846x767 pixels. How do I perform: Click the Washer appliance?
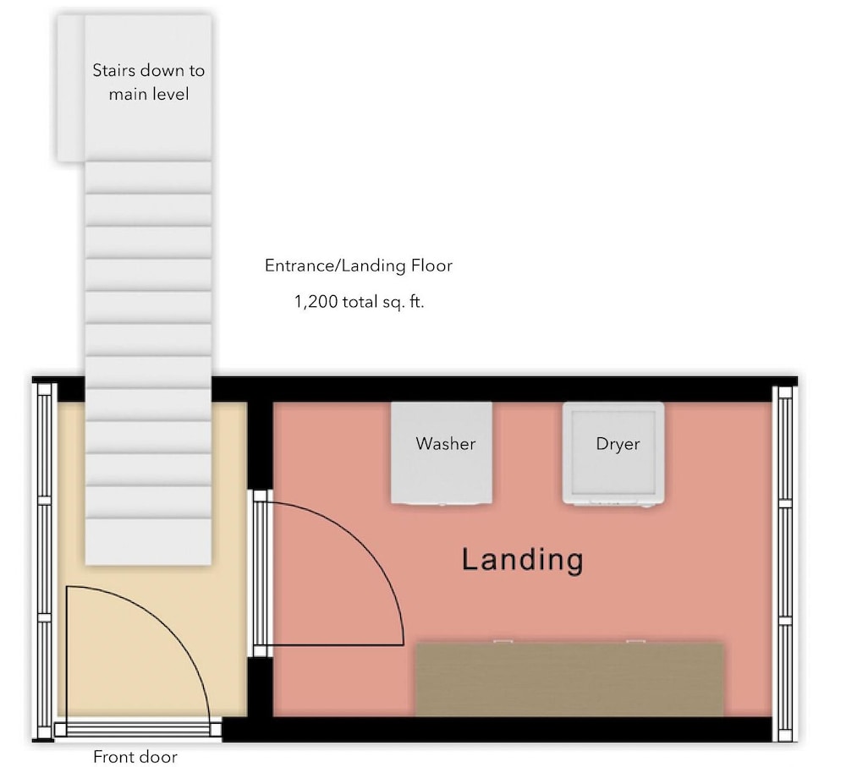(x=442, y=453)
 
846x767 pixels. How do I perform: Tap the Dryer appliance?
(x=613, y=453)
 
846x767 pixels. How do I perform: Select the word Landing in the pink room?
(x=522, y=559)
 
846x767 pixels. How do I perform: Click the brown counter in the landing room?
(x=569, y=680)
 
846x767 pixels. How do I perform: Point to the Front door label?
(x=135, y=757)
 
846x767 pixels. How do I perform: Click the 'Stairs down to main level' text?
(x=148, y=82)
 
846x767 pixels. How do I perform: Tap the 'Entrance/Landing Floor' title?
(x=358, y=266)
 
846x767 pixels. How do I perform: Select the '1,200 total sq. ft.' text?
(x=359, y=302)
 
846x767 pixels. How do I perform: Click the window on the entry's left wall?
(x=44, y=560)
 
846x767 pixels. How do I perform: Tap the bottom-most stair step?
(x=148, y=541)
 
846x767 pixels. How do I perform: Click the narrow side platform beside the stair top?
(x=71, y=88)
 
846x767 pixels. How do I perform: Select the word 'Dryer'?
(x=618, y=444)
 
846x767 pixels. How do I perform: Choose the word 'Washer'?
(x=446, y=443)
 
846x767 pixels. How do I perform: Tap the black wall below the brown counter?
(x=497, y=729)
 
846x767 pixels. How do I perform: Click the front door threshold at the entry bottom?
(x=138, y=730)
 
